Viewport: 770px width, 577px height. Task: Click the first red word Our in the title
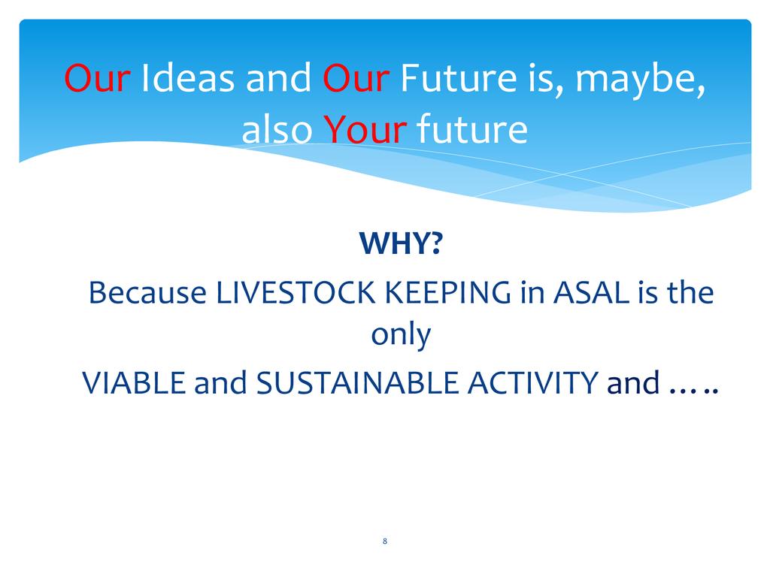point(97,78)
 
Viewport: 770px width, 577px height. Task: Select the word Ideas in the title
point(187,77)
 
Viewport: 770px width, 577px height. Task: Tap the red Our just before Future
point(356,78)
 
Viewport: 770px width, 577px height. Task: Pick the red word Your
point(365,129)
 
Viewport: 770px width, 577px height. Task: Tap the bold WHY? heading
point(401,243)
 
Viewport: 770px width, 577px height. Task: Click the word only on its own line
point(401,336)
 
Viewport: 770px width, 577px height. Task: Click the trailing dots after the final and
point(694,391)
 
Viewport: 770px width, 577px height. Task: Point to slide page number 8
point(384,541)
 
